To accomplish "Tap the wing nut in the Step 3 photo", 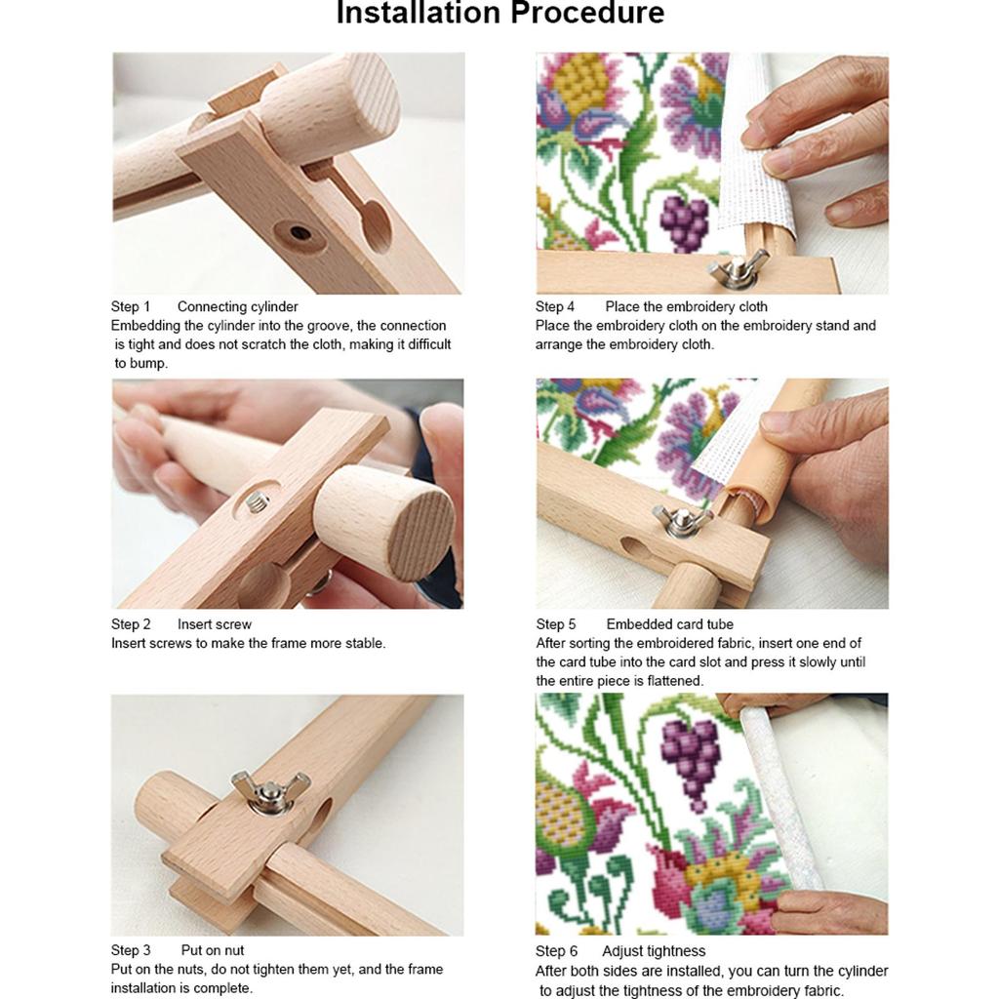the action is pyautogui.click(x=270, y=792).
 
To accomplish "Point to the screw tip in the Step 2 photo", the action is pyautogui.click(x=257, y=503).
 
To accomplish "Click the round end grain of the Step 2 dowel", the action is pyautogui.click(x=421, y=536).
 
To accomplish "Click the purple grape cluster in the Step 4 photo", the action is pyautogui.click(x=685, y=222).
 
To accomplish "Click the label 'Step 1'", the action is pyautogui.click(x=131, y=306).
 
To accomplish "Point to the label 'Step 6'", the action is pyautogui.click(x=556, y=951).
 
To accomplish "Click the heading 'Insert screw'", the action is pyautogui.click(x=214, y=624).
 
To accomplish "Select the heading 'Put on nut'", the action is pyautogui.click(x=212, y=950).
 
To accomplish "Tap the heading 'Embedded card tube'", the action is pyautogui.click(x=669, y=624).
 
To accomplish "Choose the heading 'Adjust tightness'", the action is pyautogui.click(x=654, y=951).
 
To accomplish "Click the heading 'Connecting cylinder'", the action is pyautogui.click(x=238, y=306).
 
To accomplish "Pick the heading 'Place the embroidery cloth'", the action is pyautogui.click(x=686, y=306).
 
